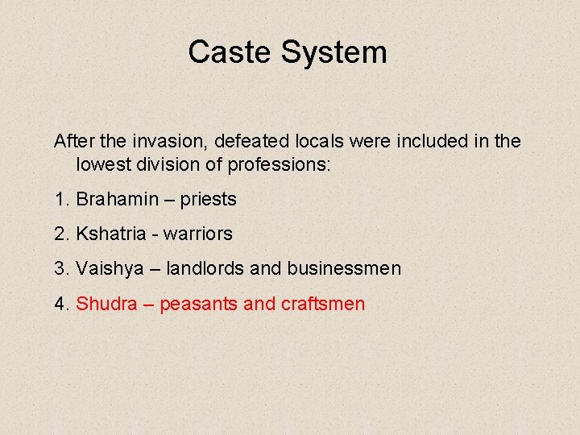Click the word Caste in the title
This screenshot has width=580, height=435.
(230, 52)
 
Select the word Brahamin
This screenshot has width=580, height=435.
(113, 198)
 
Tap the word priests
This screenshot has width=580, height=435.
(208, 199)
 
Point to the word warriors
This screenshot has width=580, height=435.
(197, 234)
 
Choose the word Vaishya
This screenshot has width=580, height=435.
(110, 269)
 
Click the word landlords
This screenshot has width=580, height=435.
(205, 268)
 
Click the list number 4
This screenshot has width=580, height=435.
(60, 304)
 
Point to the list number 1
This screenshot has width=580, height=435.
(60, 198)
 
